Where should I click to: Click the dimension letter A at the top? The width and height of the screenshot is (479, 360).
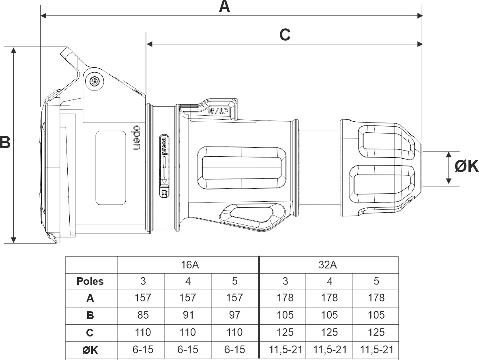point(224,6)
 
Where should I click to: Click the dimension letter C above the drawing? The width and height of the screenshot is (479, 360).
point(285,35)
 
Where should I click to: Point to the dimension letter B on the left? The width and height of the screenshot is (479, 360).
point(4,142)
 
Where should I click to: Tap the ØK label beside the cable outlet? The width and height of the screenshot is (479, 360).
point(466,166)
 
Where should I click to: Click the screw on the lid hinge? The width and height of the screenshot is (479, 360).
point(95,80)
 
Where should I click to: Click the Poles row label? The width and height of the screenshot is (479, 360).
point(90,281)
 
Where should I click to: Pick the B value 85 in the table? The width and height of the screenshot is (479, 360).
point(142,315)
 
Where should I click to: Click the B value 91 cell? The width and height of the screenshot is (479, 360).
point(188,315)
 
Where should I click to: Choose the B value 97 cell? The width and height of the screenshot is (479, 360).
point(234,315)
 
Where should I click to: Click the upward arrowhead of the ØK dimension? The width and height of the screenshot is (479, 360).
point(449,155)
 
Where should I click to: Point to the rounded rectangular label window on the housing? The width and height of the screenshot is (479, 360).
point(110,167)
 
